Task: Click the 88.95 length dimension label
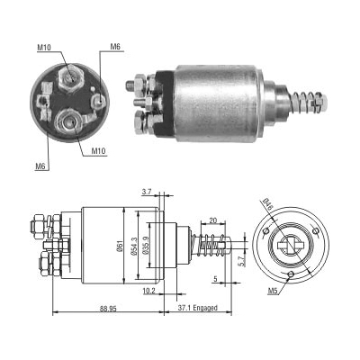108,308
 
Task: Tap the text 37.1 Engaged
197,308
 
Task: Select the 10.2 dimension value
149,291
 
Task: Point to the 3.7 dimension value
147,193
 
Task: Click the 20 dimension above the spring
212,220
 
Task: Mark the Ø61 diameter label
120,245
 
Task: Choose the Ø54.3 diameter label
133,247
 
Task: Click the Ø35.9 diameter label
146,246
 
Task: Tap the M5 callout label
273,291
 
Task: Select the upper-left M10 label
44,47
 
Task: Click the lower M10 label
99,151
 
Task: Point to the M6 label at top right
115,47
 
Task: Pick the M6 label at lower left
40,166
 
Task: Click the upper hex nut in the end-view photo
71,78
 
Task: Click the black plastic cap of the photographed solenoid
166,102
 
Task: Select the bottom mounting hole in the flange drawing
291,274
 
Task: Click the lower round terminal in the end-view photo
69,122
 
